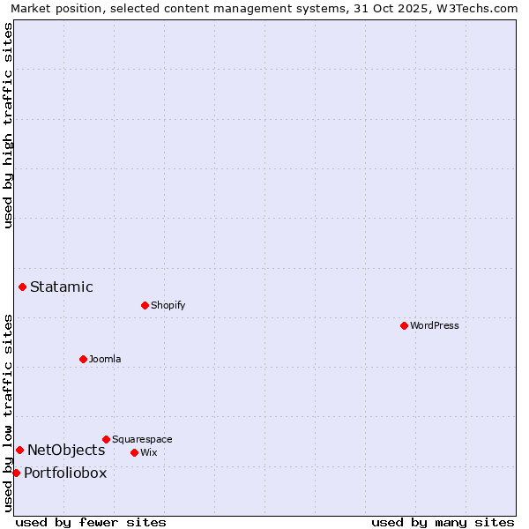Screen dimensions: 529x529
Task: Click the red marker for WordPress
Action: pyautogui.click(x=404, y=325)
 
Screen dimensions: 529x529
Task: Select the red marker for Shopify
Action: pyautogui.click(x=145, y=305)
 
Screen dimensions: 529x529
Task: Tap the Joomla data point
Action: pyautogui.click(x=83, y=359)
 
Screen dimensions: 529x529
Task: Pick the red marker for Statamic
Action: pyautogui.click(x=22, y=287)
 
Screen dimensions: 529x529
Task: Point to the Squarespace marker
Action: pyautogui.click(x=106, y=439)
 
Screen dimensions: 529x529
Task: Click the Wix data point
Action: pyautogui.click(x=134, y=452)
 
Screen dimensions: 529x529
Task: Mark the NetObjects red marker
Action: pyautogui.click(x=19, y=450)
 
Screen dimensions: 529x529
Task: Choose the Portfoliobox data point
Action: pyautogui.click(x=16, y=473)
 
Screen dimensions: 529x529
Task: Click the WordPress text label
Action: pyautogui.click(x=435, y=325)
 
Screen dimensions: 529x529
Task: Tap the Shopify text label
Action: pyautogui.click(x=168, y=305)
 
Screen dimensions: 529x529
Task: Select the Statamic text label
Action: pyautogui.click(x=62, y=287)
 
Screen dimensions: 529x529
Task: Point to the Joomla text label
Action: pyautogui.click(x=105, y=359)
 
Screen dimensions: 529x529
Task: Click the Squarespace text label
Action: pyautogui.click(x=142, y=439)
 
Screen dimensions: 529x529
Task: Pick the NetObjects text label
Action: pyautogui.click(x=66, y=450)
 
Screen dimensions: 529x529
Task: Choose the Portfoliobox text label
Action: pyautogui.click(x=65, y=473)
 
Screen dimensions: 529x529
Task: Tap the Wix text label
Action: pyautogui.click(x=149, y=452)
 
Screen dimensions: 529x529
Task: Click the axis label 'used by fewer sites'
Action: pyautogui.click(x=91, y=522)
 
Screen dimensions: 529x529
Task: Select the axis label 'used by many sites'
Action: pyautogui.click(x=443, y=522)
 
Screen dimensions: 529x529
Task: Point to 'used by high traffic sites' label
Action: pyautogui.click(x=8, y=125)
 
